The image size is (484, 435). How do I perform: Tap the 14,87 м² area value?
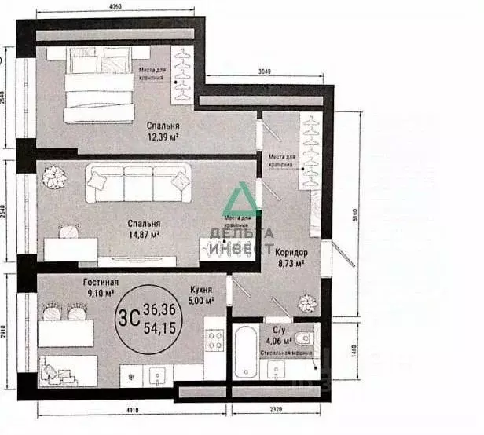(145, 233)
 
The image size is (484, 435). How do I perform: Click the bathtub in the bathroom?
(247, 350)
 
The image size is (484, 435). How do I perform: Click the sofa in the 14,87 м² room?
(137, 181)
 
